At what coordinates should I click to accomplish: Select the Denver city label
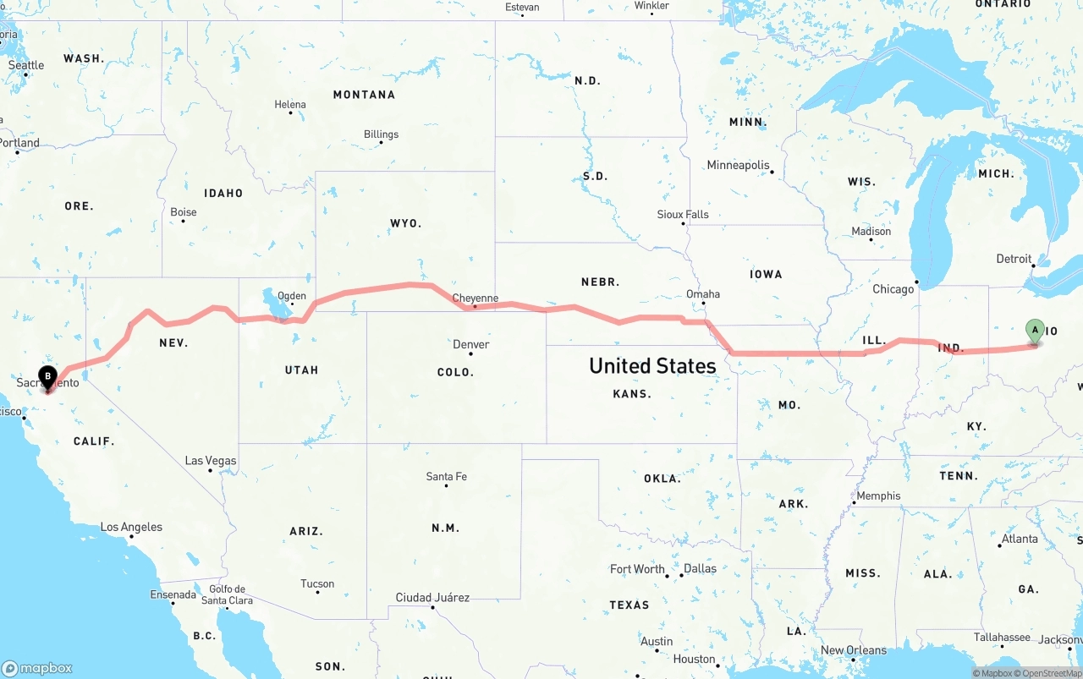tap(470, 344)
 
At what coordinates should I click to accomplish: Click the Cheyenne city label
tap(475, 298)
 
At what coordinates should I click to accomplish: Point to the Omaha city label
tap(703, 294)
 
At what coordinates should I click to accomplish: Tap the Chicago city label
tap(893, 289)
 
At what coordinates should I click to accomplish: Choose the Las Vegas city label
tap(211, 461)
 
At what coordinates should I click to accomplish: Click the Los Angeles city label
tap(131, 527)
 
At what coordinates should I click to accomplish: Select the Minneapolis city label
tap(738, 165)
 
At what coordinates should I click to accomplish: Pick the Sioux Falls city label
tap(683, 215)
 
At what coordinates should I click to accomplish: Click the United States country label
tap(652, 365)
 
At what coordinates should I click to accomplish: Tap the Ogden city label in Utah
tap(292, 296)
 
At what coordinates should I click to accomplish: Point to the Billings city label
tap(381, 134)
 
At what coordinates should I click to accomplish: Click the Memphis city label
tap(878, 496)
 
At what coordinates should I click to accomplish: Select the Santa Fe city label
tap(446, 477)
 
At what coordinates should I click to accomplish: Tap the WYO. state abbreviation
tap(405, 223)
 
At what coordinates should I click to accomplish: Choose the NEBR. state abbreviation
tap(600, 282)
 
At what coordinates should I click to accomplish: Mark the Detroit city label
tap(1014, 259)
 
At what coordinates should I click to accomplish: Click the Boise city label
tap(183, 212)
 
